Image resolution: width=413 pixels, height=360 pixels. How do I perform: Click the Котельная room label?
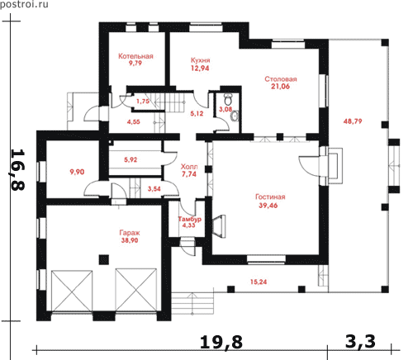(135, 56)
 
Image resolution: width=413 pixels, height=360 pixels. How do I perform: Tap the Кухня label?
(200, 60)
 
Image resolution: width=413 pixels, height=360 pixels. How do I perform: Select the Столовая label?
(281, 79)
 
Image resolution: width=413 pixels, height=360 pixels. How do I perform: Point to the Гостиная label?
(270, 197)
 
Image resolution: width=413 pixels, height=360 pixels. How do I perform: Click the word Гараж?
(130, 233)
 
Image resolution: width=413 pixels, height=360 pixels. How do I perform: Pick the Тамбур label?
(189, 219)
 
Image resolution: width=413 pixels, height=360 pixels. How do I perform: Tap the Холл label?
(189, 167)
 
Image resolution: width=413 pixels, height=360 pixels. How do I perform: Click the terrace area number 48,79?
(353, 121)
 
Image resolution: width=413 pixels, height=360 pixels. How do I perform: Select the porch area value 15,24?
(259, 282)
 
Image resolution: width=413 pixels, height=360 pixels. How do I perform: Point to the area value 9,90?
(77, 172)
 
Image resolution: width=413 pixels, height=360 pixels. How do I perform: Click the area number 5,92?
(131, 159)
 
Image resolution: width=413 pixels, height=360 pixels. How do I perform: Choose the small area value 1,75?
(143, 102)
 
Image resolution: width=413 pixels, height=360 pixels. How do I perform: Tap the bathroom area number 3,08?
(225, 109)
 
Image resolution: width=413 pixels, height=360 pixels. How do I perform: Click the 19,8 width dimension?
(221, 342)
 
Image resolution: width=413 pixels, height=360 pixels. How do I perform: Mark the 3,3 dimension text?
(360, 341)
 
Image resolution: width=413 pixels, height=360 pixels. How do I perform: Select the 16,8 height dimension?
(18, 170)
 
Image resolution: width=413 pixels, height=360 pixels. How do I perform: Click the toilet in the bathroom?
(228, 98)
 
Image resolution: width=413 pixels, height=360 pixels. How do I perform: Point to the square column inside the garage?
(104, 259)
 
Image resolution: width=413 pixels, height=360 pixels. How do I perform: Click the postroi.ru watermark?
(24, 4)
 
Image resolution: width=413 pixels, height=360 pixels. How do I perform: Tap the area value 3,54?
(154, 189)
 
